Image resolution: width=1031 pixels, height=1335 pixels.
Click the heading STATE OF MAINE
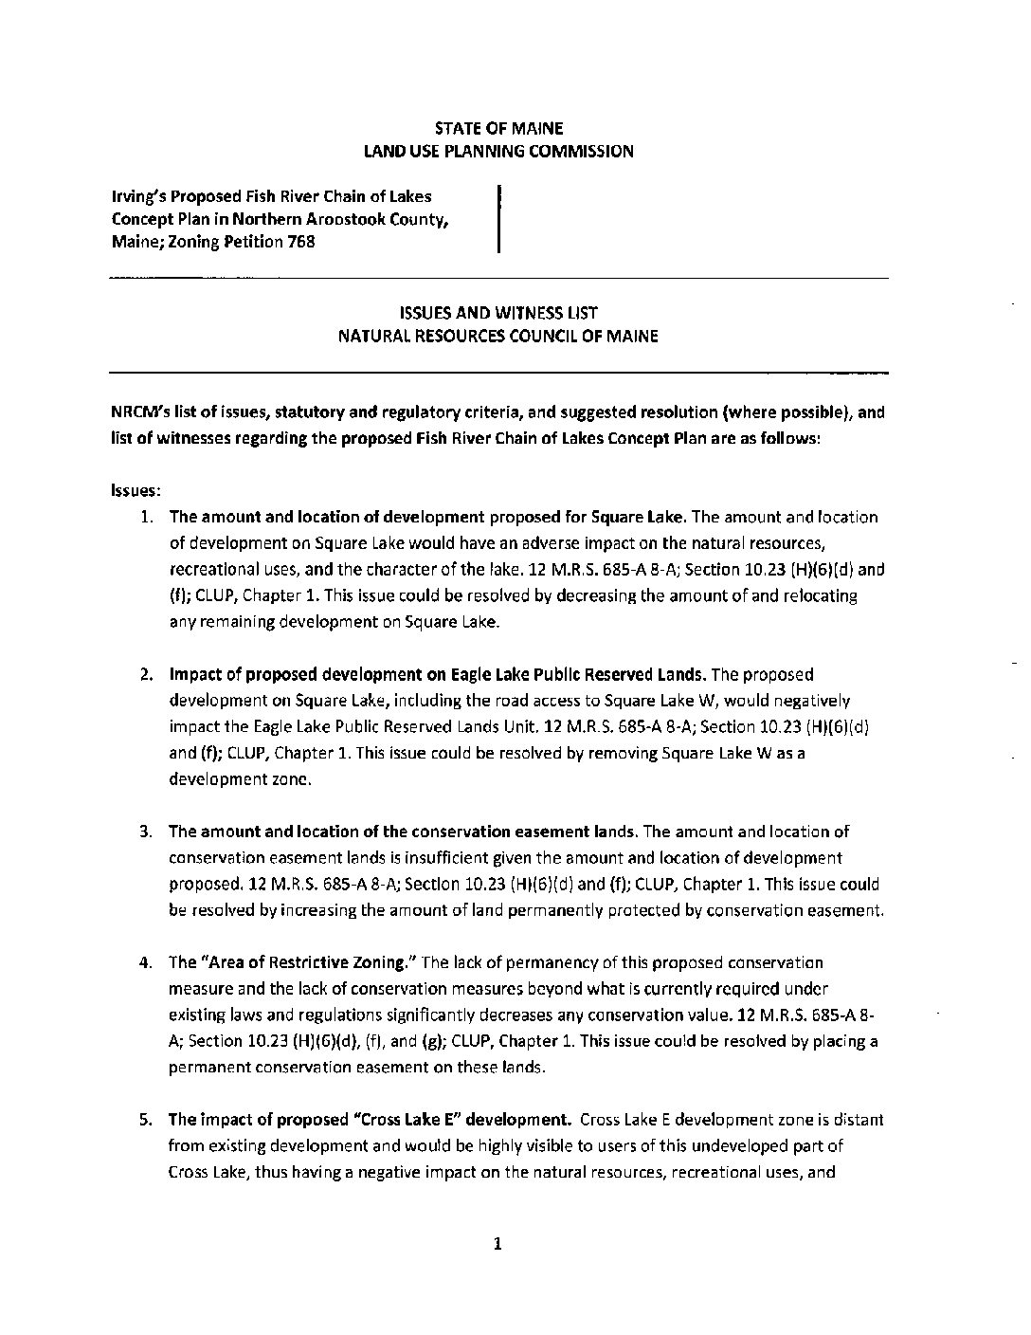pos(498,128)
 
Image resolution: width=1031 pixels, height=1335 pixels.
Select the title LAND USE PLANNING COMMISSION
pos(498,151)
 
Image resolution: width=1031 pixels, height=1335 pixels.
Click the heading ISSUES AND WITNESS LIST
pos(498,313)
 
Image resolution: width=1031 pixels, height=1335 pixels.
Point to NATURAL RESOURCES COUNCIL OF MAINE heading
pos(498,336)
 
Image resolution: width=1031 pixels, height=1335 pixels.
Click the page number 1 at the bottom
pos(497,1244)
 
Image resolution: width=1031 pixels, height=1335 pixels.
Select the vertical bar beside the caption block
pos(498,219)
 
